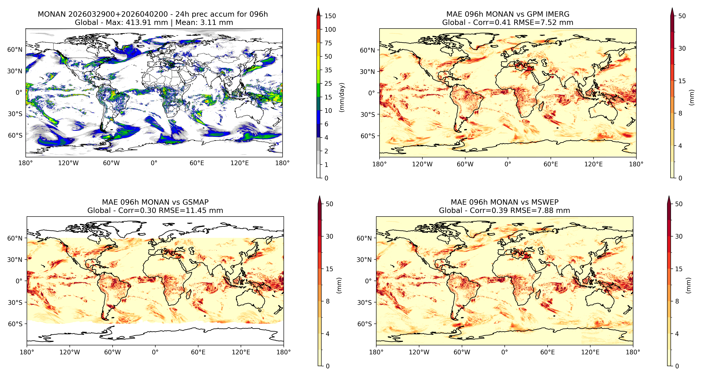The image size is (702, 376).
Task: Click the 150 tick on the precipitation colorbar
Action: click(330, 16)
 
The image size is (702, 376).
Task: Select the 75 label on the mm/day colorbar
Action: click(328, 43)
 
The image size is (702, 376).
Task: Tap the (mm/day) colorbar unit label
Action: click(342, 97)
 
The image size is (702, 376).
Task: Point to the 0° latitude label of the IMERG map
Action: click(372, 93)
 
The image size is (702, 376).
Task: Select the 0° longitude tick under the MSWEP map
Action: click(504, 352)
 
